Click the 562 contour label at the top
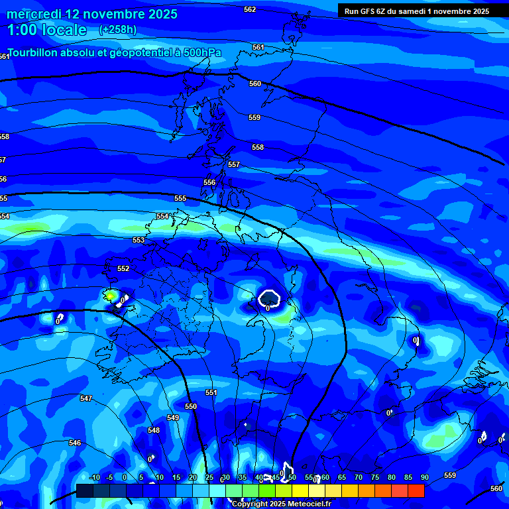pyautogui.click(x=250, y=9)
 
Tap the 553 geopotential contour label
pyautogui.click(x=139, y=241)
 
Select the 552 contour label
pyautogui.click(x=123, y=268)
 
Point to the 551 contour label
pyautogui.click(x=211, y=392)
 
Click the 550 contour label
pyautogui.click(x=191, y=406)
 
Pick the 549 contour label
pyautogui.click(x=173, y=418)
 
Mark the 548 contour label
pyautogui.click(x=154, y=430)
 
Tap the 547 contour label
pyautogui.click(x=85, y=398)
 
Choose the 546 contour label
pyautogui.click(x=75, y=443)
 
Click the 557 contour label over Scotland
pyautogui.click(x=234, y=164)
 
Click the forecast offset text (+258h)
pyautogui.click(x=117, y=29)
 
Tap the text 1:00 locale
pyautogui.click(x=46, y=30)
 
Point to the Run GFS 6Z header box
pyautogui.click(x=417, y=11)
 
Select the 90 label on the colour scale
pyautogui.click(x=424, y=477)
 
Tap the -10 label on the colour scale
pyautogui.click(x=94, y=477)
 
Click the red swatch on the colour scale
pyautogui.click(x=416, y=490)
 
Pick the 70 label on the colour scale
pyautogui.click(x=358, y=477)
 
